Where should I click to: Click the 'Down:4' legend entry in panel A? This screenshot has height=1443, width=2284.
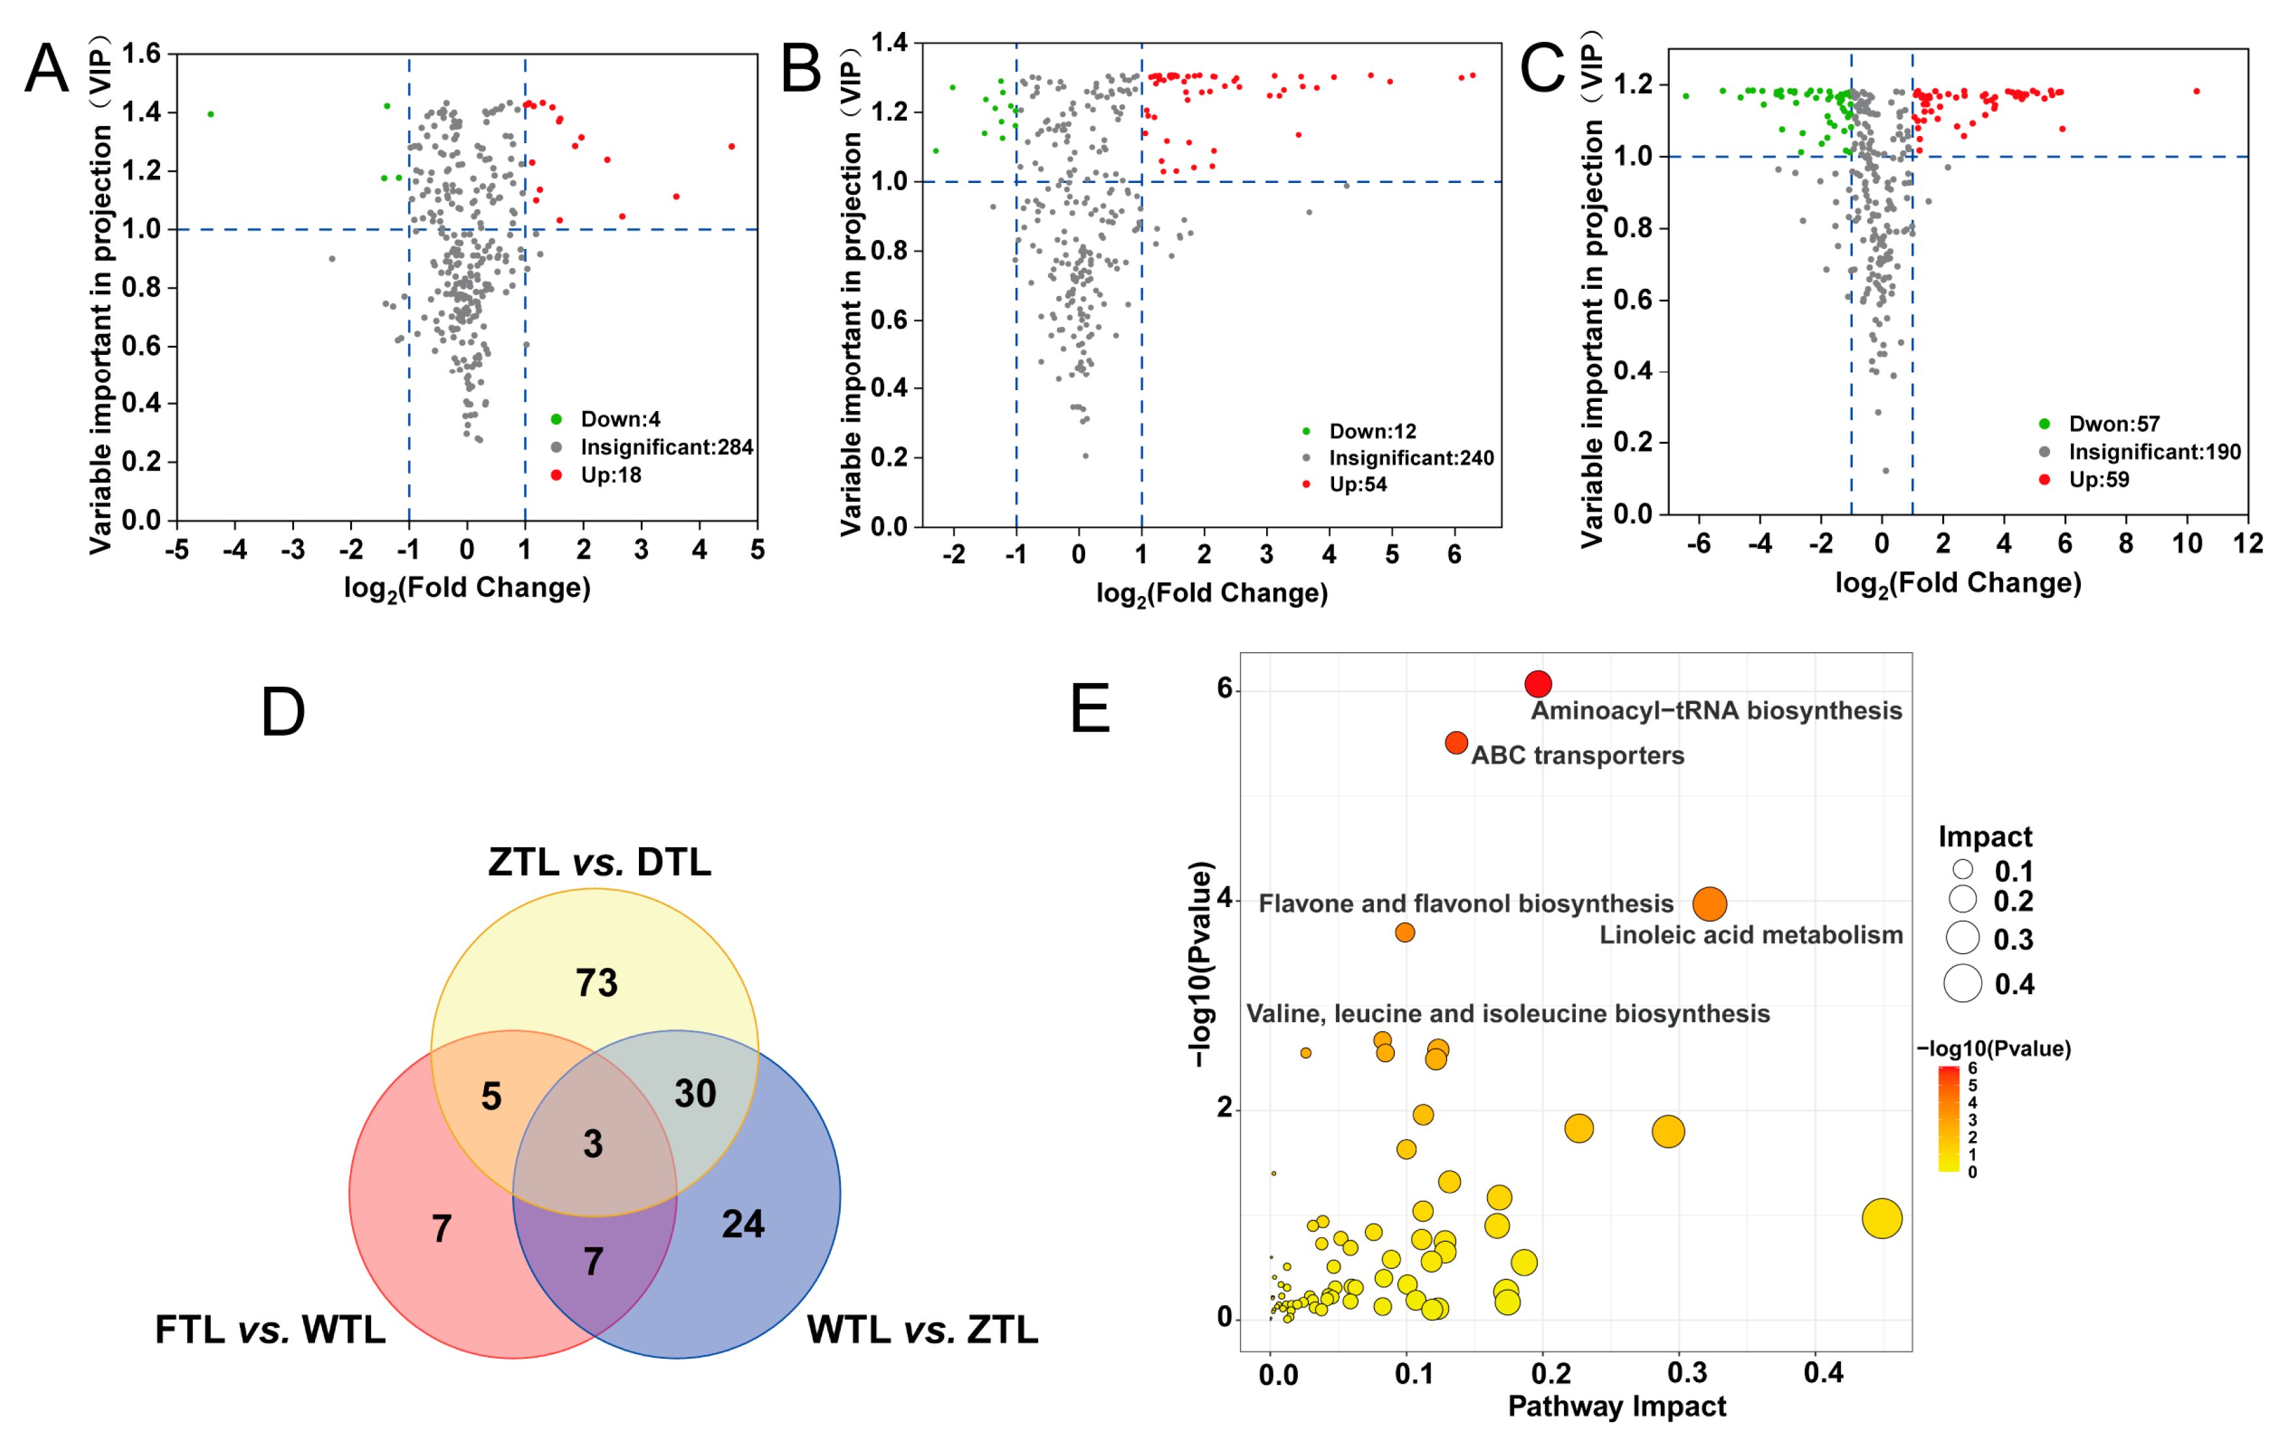(x=619, y=420)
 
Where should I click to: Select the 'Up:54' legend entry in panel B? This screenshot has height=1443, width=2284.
(x=1356, y=485)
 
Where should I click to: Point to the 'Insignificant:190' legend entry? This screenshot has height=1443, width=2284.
(x=2153, y=452)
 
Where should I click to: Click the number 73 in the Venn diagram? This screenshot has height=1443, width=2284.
(x=596, y=983)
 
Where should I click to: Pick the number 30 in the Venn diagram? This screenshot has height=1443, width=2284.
(x=695, y=1094)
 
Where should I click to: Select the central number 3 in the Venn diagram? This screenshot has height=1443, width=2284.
(x=593, y=1144)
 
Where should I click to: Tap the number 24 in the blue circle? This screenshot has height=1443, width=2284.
(x=743, y=1224)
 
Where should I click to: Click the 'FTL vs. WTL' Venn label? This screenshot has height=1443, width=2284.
(x=270, y=1330)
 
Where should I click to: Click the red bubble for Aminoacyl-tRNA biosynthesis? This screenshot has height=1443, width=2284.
(x=1537, y=683)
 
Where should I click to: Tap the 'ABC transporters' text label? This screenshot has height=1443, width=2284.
(x=1577, y=755)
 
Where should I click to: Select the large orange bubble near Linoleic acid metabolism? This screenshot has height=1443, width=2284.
(x=1709, y=904)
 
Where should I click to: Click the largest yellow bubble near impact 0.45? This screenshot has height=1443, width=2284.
(x=1882, y=1219)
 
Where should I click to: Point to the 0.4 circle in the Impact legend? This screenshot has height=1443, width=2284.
(x=1963, y=984)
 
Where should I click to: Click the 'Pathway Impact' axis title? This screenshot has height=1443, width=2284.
(x=1616, y=1406)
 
